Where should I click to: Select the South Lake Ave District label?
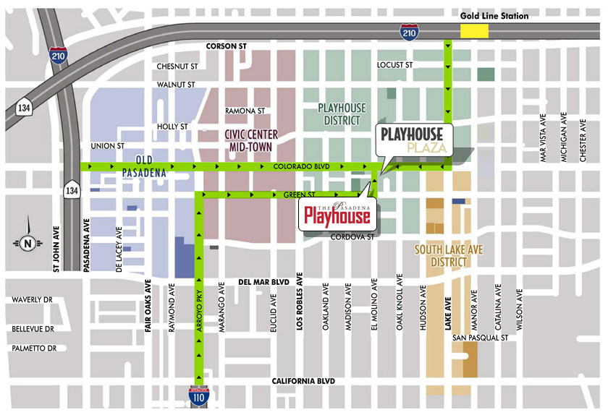pos(443,256)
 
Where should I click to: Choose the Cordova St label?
pos(351,236)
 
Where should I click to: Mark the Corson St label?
pos(226,46)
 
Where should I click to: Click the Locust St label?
pos(394,65)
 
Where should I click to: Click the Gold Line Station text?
pos(495,16)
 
